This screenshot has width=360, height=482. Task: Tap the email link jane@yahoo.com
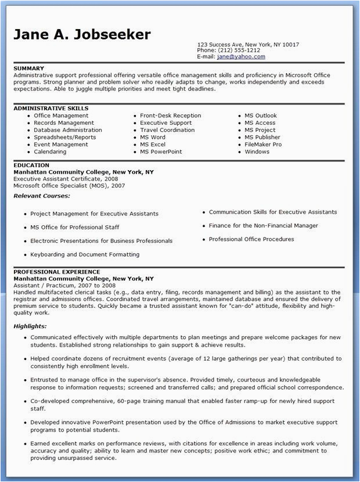pos(241,57)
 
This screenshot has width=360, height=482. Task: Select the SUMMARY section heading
pos(28,68)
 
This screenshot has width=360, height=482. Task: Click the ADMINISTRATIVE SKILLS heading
pos(51,109)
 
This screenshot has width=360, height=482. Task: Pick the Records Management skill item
pos(63,123)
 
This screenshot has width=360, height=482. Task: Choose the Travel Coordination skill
pos(167,130)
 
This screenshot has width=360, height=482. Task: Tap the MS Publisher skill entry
pos(262,137)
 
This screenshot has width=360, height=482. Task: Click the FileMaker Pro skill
pos(263,145)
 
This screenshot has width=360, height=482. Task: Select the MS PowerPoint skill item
pos(161,152)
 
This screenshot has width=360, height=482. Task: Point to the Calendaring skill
pos(50,152)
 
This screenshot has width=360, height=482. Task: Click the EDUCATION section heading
pos(31,165)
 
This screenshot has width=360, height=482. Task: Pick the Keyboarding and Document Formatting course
pos(85,254)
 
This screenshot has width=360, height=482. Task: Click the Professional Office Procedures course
pos(251,239)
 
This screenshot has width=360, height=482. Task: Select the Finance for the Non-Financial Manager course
pos(263,225)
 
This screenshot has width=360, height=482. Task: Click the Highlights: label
pos(30,326)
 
